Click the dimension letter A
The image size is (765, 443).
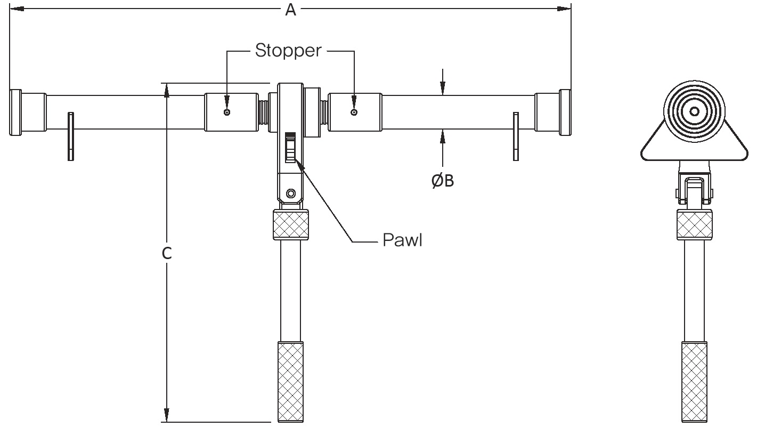pos(290,9)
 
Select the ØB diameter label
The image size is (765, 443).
pos(443,181)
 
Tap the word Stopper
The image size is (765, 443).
pos(288,51)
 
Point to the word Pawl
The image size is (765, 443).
pos(402,240)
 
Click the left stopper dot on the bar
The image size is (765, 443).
pos(227,112)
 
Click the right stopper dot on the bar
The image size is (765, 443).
pos(354,112)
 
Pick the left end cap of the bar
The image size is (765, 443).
pos(15,112)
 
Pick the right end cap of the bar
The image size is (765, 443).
pos(565,112)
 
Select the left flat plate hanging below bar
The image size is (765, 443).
pos(70,136)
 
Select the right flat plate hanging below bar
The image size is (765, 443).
pos(515,136)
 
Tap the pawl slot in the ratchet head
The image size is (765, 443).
pos(290,147)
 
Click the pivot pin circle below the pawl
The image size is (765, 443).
pos(290,192)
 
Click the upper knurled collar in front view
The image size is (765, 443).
pos(290,225)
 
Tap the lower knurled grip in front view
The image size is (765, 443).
pos(290,382)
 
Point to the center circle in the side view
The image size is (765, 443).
pos(694,111)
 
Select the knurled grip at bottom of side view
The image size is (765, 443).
pos(694,382)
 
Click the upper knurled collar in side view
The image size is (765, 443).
pos(694,225)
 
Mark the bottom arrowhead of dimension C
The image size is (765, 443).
pos(167,415)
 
